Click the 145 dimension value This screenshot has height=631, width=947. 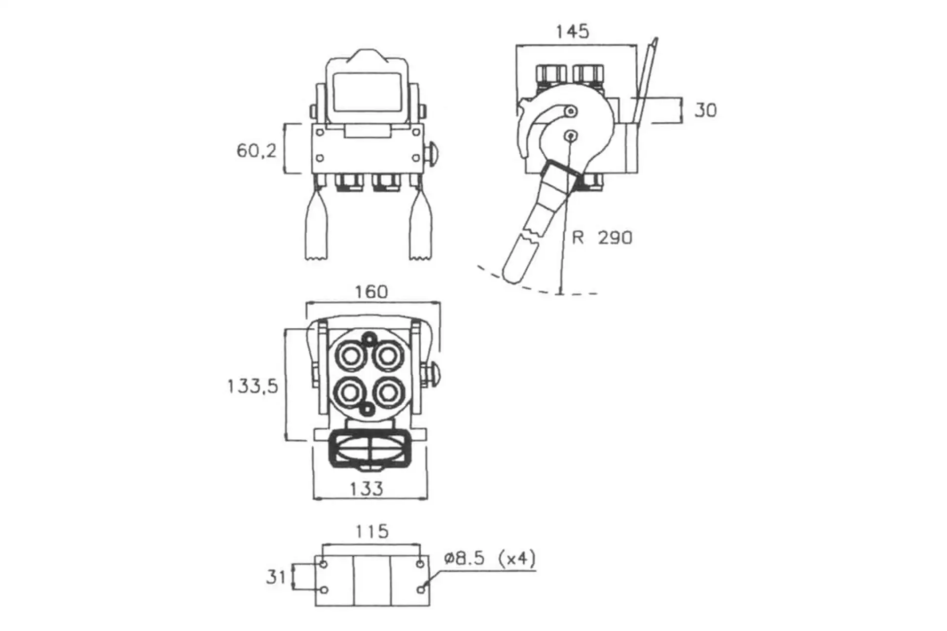(x=572, y=32)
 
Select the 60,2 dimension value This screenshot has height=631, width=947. (x=256, y=150)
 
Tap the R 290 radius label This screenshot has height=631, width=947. (x=602, y=238)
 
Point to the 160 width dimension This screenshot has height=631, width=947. (x=371, y=292)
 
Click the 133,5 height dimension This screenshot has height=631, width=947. (x=253, y=386)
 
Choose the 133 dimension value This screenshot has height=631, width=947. (x=366, y=489)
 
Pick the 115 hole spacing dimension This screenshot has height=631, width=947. (x=372, y=531)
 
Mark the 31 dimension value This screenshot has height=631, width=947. (x=276, y=577)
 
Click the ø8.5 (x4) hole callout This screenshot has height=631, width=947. (x=490, y=559)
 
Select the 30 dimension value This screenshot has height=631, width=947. (x=705, y=110)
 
